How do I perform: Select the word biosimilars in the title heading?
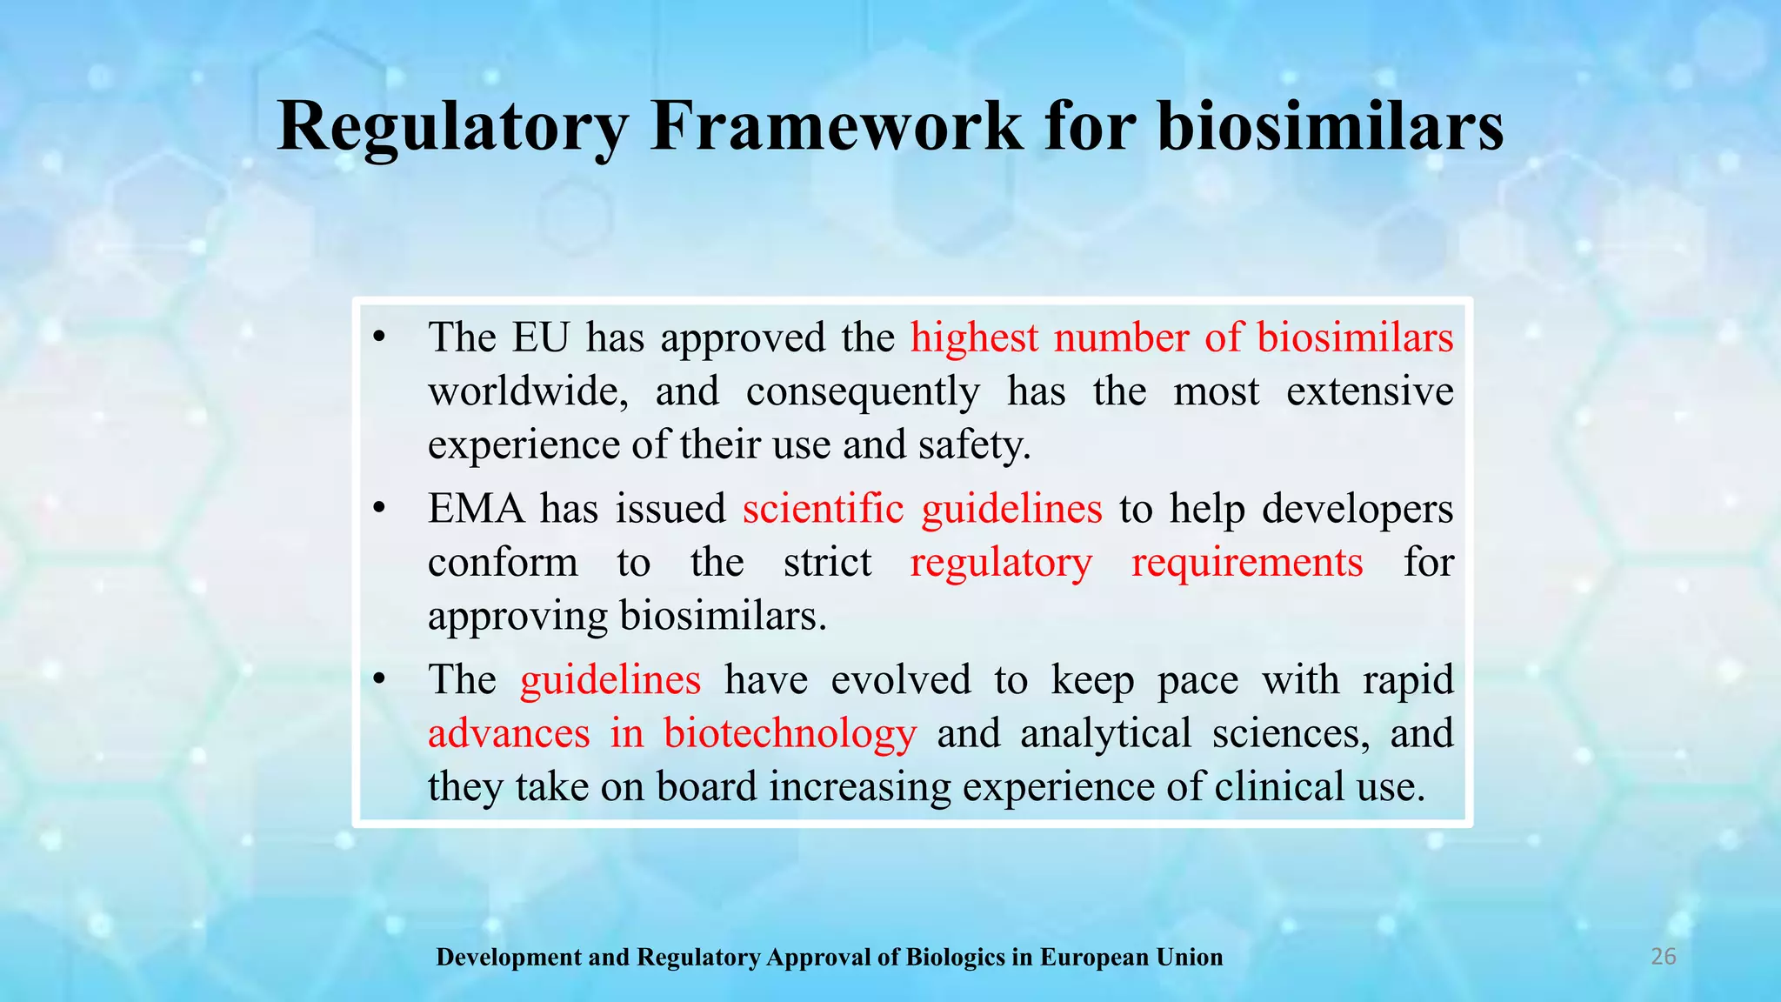pos(1330,128)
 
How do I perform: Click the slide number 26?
pos(1663,957)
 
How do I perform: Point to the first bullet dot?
pos(378,338)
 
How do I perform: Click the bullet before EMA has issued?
pos(378,510)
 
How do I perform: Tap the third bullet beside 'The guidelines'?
pos(378,680)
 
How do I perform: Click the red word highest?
pos(974,337)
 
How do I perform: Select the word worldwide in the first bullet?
pos(528,391)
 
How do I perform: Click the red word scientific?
pos(823,509)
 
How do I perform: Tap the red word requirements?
pos(1247,563)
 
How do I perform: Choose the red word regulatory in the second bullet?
pos(1001,563)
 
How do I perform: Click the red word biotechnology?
pos(790,733)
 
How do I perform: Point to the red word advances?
pos(509,733)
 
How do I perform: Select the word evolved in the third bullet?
pos(900,679)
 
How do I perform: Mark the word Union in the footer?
pos(1189,958)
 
